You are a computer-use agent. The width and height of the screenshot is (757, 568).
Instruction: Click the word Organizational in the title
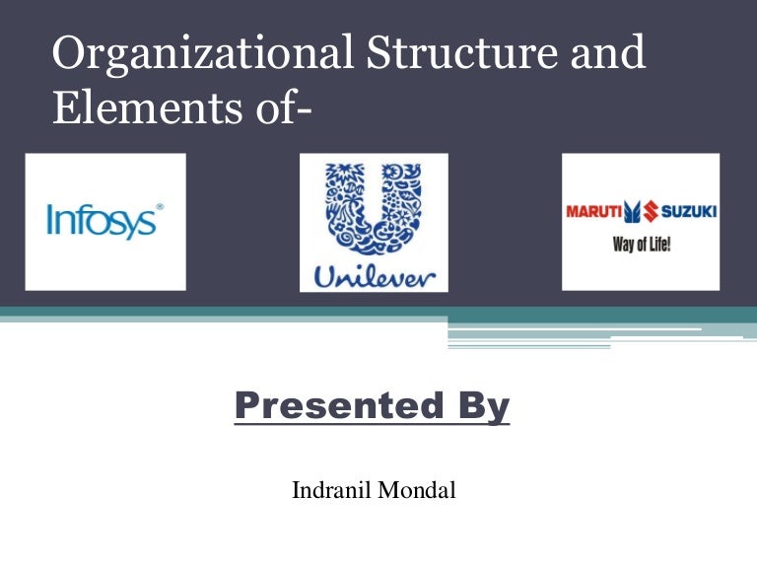tap(190, 55)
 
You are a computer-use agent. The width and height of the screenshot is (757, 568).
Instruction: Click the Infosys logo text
tap(103, 221)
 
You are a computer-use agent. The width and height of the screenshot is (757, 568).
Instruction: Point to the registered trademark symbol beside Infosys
tap(160, 207)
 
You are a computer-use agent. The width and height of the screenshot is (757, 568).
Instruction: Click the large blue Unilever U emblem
tap(374, 211)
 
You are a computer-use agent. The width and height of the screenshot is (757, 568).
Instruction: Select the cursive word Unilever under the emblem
tap(374, 277)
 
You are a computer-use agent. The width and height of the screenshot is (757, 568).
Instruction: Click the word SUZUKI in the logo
tap(687, 211)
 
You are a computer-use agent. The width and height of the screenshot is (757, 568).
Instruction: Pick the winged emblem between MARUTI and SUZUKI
tap(639, 211)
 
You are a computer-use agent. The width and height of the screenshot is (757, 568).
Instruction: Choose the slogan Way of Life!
tap(642, 243)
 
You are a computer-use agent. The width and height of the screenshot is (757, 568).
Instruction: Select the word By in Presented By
tap(483, 406)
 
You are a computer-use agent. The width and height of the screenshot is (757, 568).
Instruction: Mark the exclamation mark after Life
tap(668, 242)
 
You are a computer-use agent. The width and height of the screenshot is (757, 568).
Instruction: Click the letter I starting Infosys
tap(49, 220)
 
